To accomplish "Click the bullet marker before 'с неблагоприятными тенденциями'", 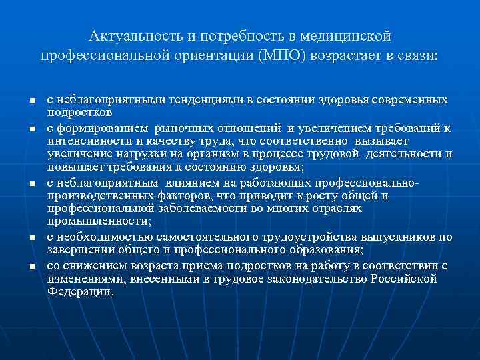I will pos(32,101).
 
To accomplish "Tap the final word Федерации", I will pos(81,292).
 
